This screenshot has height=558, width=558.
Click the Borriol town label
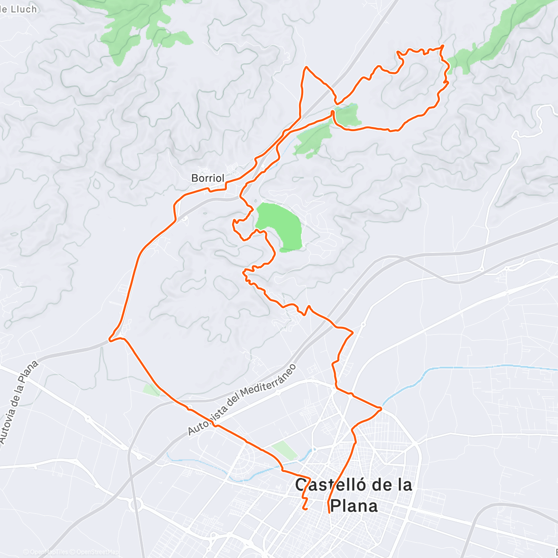208,178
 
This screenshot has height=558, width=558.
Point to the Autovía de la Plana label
19,402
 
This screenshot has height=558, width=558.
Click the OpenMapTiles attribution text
49,552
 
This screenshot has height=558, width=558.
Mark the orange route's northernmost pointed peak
306,67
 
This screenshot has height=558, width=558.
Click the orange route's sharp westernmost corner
109,339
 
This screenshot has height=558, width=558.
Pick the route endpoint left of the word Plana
329,512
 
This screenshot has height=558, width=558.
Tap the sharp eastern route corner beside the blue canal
381,409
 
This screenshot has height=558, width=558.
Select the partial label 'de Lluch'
19,8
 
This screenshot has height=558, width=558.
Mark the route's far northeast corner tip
443,46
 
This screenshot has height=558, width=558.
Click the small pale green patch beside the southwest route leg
152,389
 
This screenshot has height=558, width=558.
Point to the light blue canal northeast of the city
465,367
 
